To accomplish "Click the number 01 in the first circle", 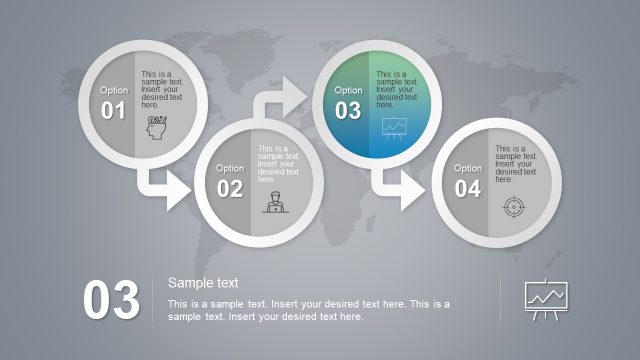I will tap(113, 111).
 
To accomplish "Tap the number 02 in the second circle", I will tap(230, 189).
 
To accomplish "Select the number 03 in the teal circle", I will tap(348, 111).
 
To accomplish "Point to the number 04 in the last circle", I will tap(467, 189).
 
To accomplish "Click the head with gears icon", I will tap(157, 127).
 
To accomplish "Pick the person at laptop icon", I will tap(271, 203).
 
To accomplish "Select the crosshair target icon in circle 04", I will tap(512, 206).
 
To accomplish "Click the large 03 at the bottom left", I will tap(111, 301).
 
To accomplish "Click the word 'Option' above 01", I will tap(113, 90).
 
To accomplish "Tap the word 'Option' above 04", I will tap(467, 168).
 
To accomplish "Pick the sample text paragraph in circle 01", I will tap(162, 89).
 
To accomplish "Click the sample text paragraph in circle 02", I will tap(278, 164).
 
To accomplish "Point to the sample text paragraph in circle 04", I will tap(516, 164).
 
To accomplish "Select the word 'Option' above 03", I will tap(348, 90).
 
